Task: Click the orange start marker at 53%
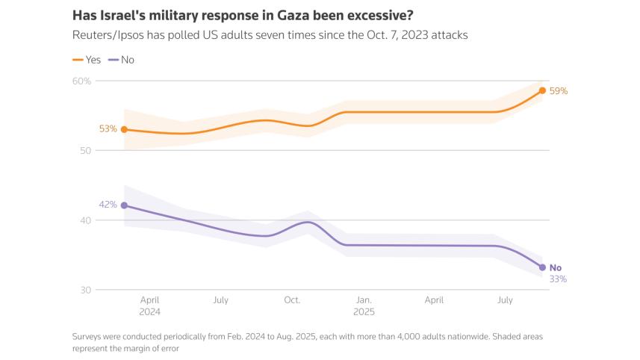[124, 129]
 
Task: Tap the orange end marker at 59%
[542, 90]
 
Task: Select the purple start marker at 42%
[124, 205]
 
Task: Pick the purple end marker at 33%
[542, 267]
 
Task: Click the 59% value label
[559, 91]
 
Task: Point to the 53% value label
[108, 128]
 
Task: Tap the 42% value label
[108, 205]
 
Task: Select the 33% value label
[558, 279]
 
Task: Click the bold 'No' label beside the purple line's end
[556, 267]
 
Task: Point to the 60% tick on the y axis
[81, 81]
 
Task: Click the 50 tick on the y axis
[84, 150]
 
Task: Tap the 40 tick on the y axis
[84, 220]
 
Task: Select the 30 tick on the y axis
[84, 290]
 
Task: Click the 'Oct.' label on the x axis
[292, 300]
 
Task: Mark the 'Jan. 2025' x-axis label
[364, 305]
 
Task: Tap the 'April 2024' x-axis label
[149, 305]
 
